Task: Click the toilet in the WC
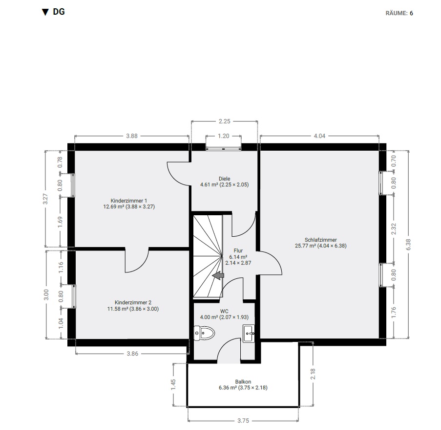tap(204, 333)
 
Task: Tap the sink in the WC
tap(249, 333)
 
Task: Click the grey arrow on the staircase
tap(218, 275)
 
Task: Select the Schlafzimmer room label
tap(321, 240)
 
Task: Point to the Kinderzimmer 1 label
tap(129, 201)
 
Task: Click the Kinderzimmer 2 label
tap(133, 302)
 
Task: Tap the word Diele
tap(225, 179)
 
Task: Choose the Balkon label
tap(243, 382)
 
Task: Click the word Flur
tap(238, 250)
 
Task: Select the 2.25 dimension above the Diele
tap(225, 121)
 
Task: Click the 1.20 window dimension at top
tap(224, 136)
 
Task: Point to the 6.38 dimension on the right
tap(408, 244)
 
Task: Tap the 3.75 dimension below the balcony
tap(243, 421)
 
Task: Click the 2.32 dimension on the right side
tap(394, 228)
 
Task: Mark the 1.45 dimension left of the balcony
tap(173, 385)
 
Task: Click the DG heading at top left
tap(59, 12)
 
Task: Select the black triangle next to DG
tap(45, 12)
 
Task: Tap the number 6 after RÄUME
tap(412, 13)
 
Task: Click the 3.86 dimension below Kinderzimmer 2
tap(132, 354)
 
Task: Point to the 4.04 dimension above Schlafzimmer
tap(319, 136)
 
